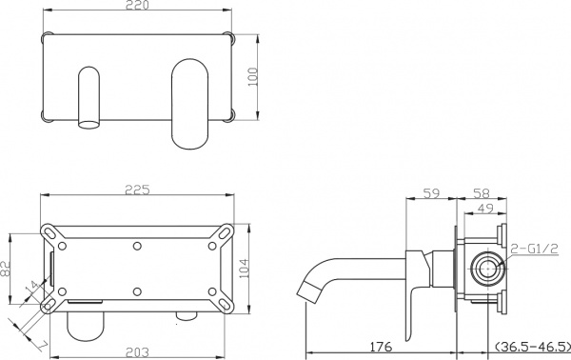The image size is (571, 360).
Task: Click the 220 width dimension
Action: point(137,5)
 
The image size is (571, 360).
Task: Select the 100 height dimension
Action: point(253,77)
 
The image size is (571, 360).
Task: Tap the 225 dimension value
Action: point(137,190)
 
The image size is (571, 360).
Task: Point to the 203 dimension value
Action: point(137,352)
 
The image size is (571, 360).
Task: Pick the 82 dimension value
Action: point(6,269)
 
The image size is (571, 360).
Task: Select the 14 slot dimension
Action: point(32,287)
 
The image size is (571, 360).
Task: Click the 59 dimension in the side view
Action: point(432,193)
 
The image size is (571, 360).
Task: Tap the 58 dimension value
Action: point(481,193)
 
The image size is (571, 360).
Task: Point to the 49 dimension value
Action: point(485,209)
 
